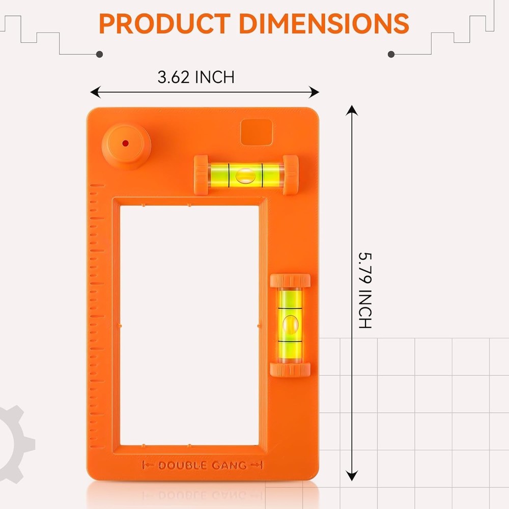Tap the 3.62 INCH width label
pos(196,77)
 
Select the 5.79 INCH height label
pos(365,290)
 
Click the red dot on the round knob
pos(125,144)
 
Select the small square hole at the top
pos(256,132)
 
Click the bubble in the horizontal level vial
pos(246,175)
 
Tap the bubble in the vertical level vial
pos(290,323)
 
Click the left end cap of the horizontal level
pos(201,175)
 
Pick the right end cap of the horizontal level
pos(291,175)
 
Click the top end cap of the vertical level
pos(290,281)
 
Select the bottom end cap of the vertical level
pos(290,370)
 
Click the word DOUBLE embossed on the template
pos(182,465)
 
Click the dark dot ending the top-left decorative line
pos(100,54)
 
